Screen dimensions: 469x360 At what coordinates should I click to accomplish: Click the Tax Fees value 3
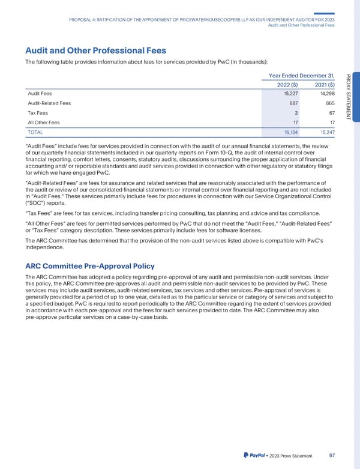point(295,113)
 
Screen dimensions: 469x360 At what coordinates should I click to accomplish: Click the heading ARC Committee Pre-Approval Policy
point(91,266)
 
